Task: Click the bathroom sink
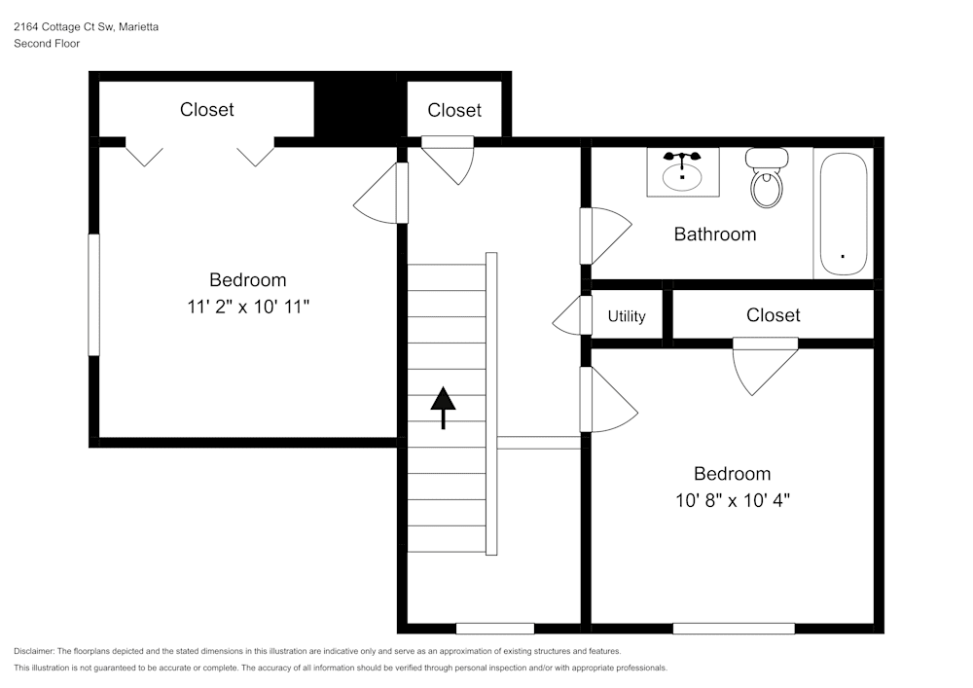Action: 682,172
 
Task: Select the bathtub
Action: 843,214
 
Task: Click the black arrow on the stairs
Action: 444,406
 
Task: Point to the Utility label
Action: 627,316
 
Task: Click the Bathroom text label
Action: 715,235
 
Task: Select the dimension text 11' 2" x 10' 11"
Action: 248,307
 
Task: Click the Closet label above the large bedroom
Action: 207,110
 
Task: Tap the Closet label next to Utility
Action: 774,315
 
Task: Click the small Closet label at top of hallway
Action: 454,110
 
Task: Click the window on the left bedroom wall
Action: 94,294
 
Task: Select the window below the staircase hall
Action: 494,629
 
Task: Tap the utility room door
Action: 571,316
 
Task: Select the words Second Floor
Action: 47,44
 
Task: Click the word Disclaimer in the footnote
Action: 34,651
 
